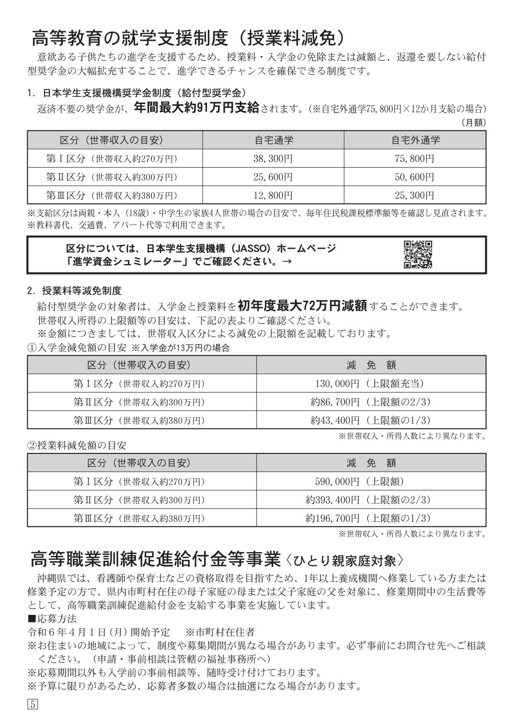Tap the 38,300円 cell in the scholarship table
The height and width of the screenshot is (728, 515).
point(273,159)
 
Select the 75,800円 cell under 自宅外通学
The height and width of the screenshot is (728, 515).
point(414,159)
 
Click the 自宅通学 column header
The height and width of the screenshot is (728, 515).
point(273,140)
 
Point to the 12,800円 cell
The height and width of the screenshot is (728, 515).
point(273,196)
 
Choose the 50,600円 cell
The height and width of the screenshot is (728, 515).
point(414,177)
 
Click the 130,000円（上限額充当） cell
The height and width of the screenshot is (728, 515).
point(371,384)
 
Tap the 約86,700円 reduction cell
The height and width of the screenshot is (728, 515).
point(371,402)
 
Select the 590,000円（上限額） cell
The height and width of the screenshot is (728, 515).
point(371,482)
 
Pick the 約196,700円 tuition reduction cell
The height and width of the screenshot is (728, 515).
point(371,518)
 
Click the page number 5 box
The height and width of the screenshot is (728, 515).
point(33,705)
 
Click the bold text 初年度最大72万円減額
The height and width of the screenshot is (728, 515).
point(302,305)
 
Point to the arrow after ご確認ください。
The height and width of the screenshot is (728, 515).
point(287,262)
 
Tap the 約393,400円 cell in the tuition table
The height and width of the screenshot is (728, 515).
point(371,500)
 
